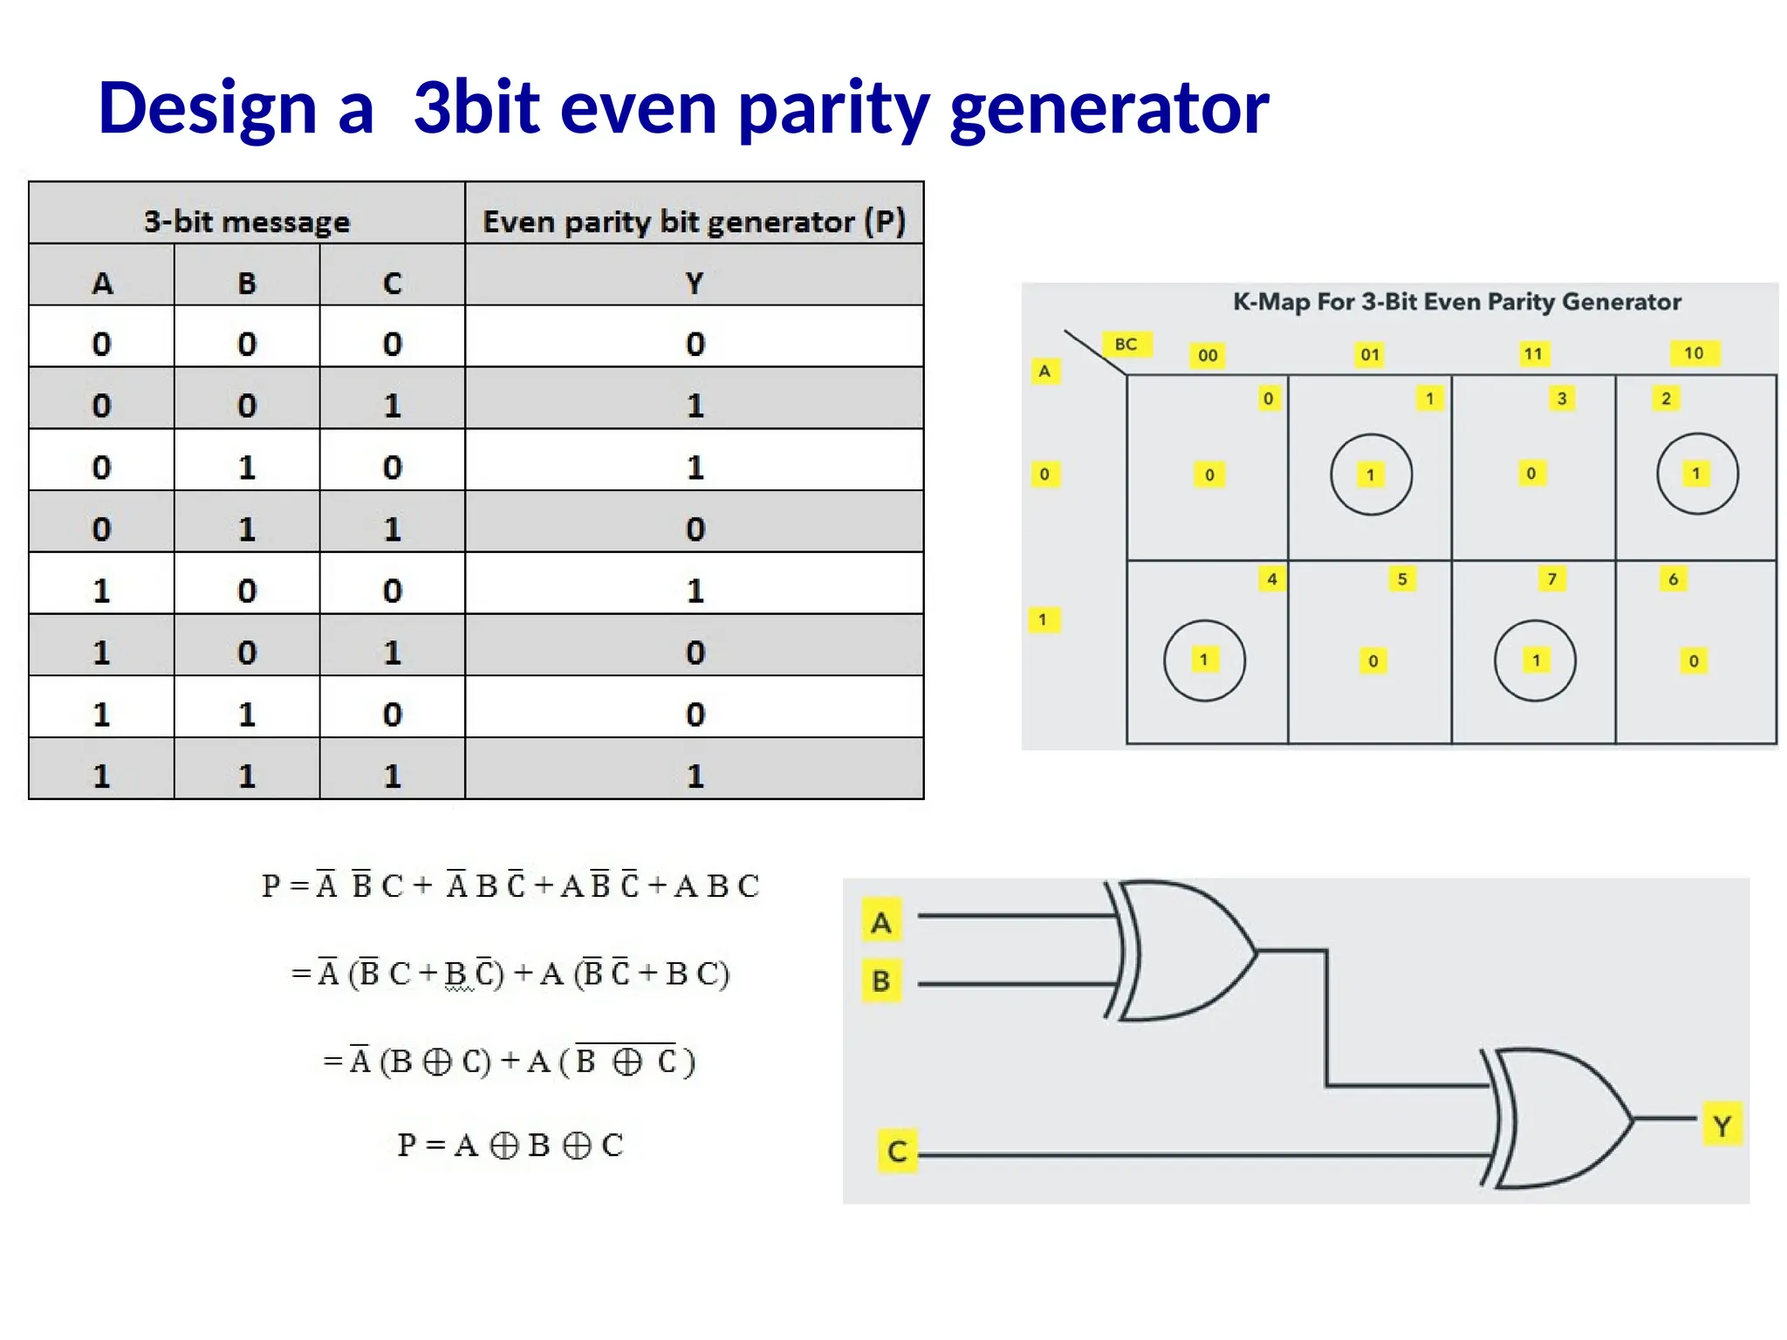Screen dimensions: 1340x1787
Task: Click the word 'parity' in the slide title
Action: (833, 109)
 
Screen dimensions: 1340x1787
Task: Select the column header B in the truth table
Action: (247, 284)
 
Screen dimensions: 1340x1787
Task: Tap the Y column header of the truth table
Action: (694, 284)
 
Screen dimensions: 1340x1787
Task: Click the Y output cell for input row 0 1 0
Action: (695, 468)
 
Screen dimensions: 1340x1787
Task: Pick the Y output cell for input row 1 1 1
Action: (695, 776)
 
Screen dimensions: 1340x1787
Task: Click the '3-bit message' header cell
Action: (247, 222)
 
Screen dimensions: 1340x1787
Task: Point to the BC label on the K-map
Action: (1126, 345)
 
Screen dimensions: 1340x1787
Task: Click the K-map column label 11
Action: (1533, 354)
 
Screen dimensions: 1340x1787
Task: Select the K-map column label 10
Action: (1694, 353)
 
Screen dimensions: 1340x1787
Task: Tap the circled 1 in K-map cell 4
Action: (1204, 660)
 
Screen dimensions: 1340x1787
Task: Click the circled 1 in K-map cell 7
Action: (1535, 660)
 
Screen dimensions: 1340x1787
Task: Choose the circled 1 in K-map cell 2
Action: (1697, 474)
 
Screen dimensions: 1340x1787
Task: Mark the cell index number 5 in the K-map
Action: (1402, 579)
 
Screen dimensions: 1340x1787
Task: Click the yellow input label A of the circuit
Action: (881, 922)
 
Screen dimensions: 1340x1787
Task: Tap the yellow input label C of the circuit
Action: (897, 1152)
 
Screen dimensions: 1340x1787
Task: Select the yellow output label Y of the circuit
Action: (1722, 1125)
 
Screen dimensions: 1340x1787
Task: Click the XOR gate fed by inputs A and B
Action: (1182, 951)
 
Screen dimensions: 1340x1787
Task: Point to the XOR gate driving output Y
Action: (1558, 1118)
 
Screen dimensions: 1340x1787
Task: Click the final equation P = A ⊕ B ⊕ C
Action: (510, 1145)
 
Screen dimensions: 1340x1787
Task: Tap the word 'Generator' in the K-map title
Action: (1621, 302)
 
